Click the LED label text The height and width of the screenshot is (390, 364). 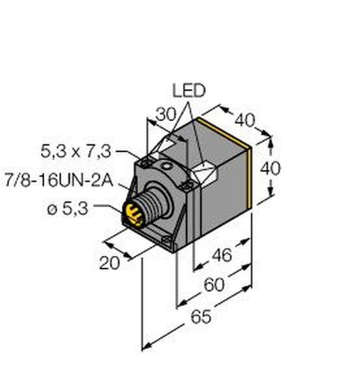pyautogui.click(x=189, y=90)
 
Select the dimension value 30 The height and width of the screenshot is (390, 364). pyautogui.click(x=166, y=114)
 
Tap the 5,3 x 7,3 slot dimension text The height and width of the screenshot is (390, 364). pyautogui.click(x=75, y=151)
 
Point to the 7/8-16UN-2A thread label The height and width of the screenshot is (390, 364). pyautogui.click(x=59, y=181)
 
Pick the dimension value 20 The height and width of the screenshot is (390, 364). pyautogui.click(x=109, y=263)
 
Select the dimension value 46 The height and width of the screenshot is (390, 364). pyautogui.click(x=222, y=255)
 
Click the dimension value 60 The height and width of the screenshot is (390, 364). pyautogui.click(x=214, y=285)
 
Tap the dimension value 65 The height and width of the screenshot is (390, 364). pyautogui.click(x=201, y=317)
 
